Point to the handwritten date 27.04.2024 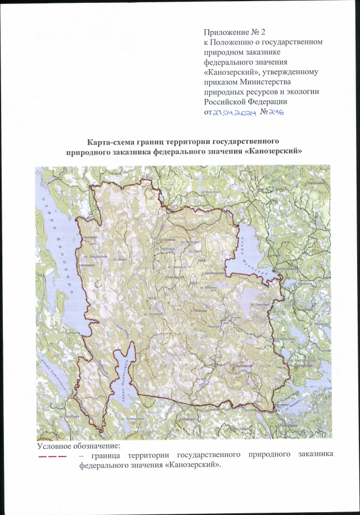[231, 112]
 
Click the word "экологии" [289, 92]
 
